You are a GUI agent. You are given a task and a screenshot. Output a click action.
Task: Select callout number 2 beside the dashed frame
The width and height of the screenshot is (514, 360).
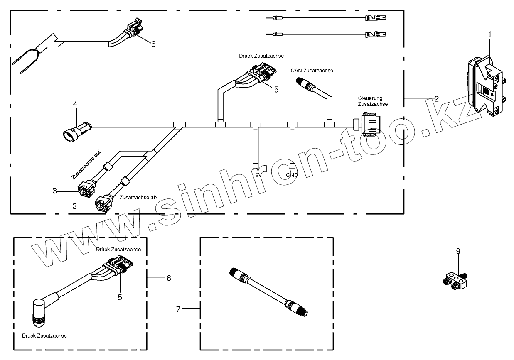pyautogui.click(x=437, y=99)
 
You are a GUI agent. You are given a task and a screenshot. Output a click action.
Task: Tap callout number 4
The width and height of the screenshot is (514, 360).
pyautogui.click(x=75, y=104)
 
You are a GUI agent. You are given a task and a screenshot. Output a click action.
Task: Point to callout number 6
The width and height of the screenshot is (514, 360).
pyautogui.click(x=153, y=44)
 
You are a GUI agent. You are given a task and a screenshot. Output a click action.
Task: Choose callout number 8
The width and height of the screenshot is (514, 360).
pyautogui.click(x=169, y=278)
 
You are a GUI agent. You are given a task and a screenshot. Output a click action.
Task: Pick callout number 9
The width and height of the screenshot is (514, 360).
pyautogui.click(x=458, y=251)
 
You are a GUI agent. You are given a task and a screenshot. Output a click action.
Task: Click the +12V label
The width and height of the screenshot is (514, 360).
pyautogui.click(x=255, y=175)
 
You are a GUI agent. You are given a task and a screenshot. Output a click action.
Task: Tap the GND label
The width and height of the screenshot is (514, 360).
pyautogui.click(x=292, y=175)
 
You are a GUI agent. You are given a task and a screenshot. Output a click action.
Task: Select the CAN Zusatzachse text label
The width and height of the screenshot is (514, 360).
pyautogui.click(x=312, y=71)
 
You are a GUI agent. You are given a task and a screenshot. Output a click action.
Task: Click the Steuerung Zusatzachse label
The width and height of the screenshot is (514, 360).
pyautogui.click(x=373, y=101)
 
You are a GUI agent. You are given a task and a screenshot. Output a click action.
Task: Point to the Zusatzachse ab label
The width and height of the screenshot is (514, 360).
pyautogui.click(x=138, y=198)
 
